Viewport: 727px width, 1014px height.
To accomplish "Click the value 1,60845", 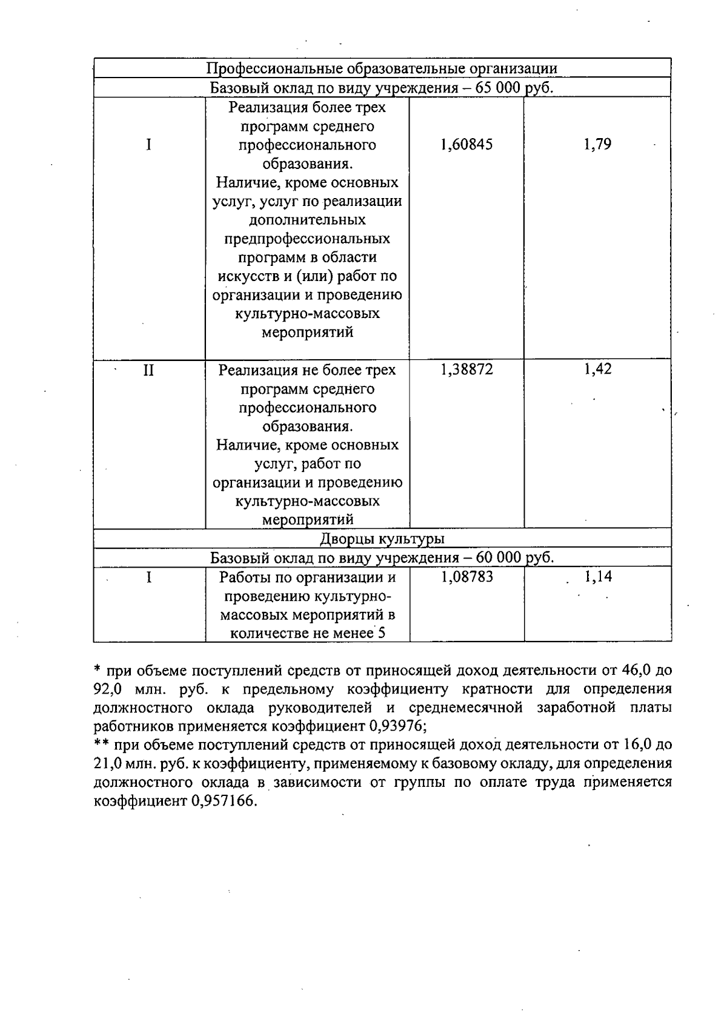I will [x=466, y=145].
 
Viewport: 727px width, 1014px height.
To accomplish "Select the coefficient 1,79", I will [x=597, y=145].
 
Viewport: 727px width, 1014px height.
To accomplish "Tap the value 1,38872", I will [x=466, y=369].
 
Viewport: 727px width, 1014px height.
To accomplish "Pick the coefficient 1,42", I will [x=597, y=369].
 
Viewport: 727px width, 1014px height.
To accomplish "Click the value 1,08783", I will [x=466, y=577].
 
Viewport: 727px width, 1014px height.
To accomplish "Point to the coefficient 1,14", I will [x=598, y=577].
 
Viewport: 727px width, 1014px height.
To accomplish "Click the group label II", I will [x=148, y=369].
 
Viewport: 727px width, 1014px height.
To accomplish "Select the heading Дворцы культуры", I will [x=382, y=538].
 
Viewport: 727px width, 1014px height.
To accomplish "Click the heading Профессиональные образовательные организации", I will [x=382, y=68].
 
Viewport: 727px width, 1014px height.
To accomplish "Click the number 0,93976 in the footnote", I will [x=397, y=726].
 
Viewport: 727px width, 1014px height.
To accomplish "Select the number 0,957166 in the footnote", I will [x=224, y=801].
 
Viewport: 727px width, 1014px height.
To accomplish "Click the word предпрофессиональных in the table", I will [x=307, y=239].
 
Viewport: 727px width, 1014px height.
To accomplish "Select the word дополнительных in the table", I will [x=307, y=220].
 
